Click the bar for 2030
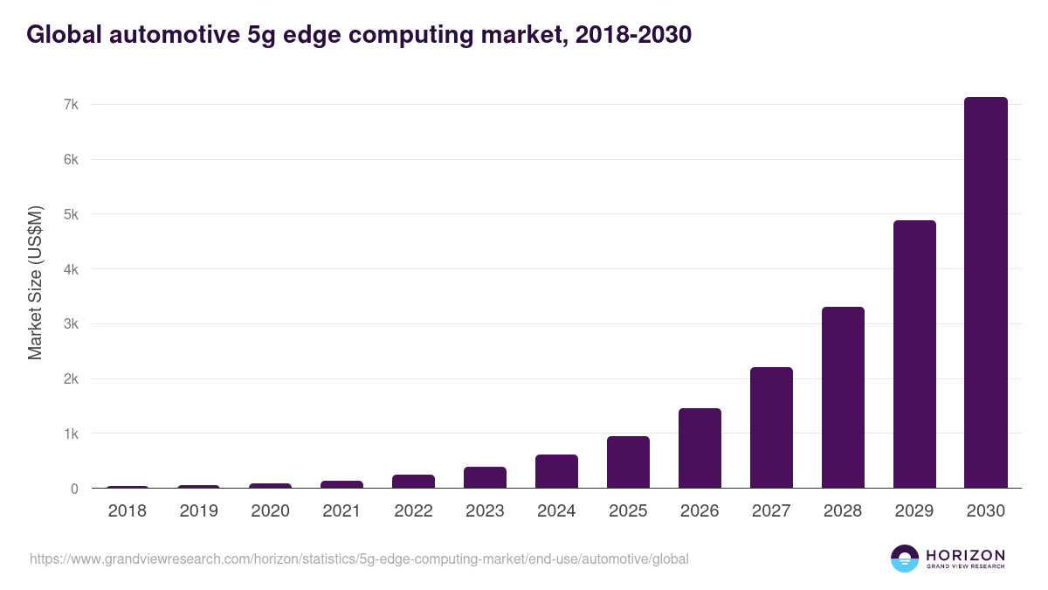pyautogui.click(x=985, y=293)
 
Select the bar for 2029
pyautogui.click(x=914, y=354)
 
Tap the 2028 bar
pyautogui.click(x=842, y=398)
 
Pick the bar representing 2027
pyautogui.click(x=771, y=427)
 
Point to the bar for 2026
pyautogui.click(x=700, y=448)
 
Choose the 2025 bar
pyautogui.click(x=628, y=462)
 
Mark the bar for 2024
pyautogui.click(x=556, y=471)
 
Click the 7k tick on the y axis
pyautogui.click(x=71, y=105)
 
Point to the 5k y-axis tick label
pyautogui.click(x=71, y=214)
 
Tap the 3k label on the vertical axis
pyautogui.click(x=71, y=324)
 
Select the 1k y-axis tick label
pyautogui.click(x=71, y=434)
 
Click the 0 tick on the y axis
pyautogui.click(x=74, y=489)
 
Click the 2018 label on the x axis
pyautogui.click(x=128, y=511)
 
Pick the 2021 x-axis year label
pyautogui.click(x=341, y=511)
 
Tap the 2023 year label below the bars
pyautogui.click(x=485, y=511)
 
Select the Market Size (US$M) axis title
pyautogui.click(x=35, y=282)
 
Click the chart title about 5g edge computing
pyautogui.click(x=359, y=34)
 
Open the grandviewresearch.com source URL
pyautogui.click(x=359, y=559)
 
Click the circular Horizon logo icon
pyautogui.click(x=904, y=559)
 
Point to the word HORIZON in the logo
pyautogui.click(x=965, y=554)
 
